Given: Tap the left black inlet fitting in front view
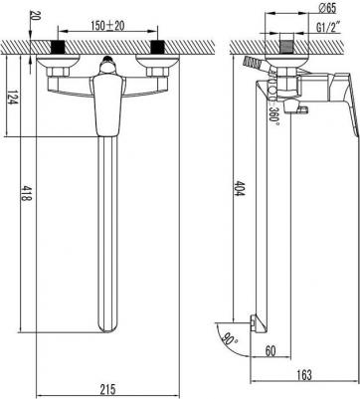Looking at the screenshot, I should click(x=58, y=48).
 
